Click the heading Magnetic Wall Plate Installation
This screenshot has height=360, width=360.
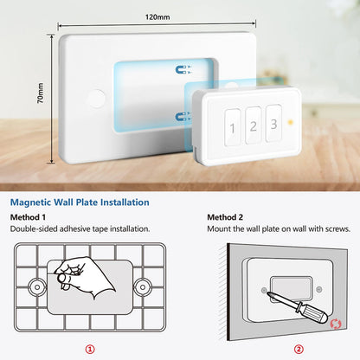(x=80, y=202)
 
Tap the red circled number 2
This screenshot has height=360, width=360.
(x=299, y=349)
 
